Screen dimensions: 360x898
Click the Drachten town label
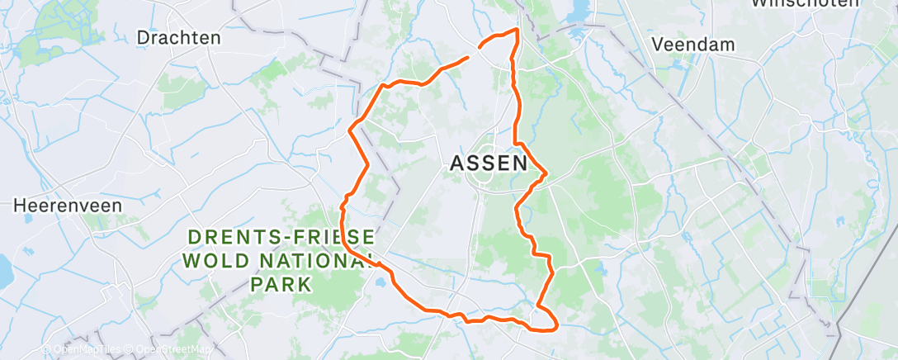(x=178, y=37)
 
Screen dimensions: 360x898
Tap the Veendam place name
(x=693, y=45)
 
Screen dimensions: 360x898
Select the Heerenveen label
(x=68, y=205)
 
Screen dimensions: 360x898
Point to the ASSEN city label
(x=489, y=163)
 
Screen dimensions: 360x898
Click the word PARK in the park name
(x=282, y=285)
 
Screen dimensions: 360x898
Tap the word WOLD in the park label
(x=218, y=261)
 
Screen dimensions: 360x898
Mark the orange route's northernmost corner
(x=518, y=30)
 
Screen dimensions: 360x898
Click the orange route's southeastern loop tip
(x=555, y=324)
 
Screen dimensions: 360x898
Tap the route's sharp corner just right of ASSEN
(x=546, y=173)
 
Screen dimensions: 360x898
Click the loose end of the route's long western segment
(x=469, y=57)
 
